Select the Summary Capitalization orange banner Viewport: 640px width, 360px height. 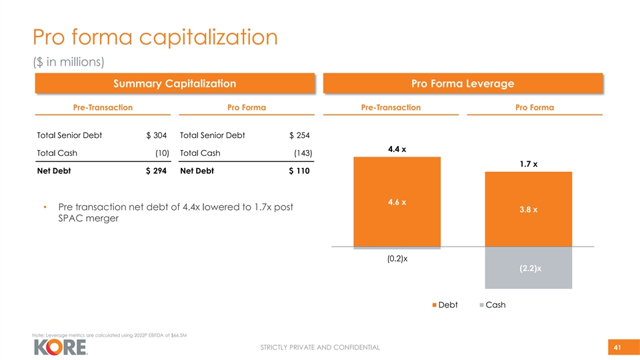(x=174, y=83)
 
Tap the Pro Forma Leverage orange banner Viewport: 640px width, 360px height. (x=462, y=83)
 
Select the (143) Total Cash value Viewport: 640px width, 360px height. (x=303, y=153)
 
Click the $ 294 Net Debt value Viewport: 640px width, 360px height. (x=156, y=171)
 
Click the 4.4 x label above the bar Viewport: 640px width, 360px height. (x=397, y=148)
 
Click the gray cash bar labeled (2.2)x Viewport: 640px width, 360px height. (x=528, y=268)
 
